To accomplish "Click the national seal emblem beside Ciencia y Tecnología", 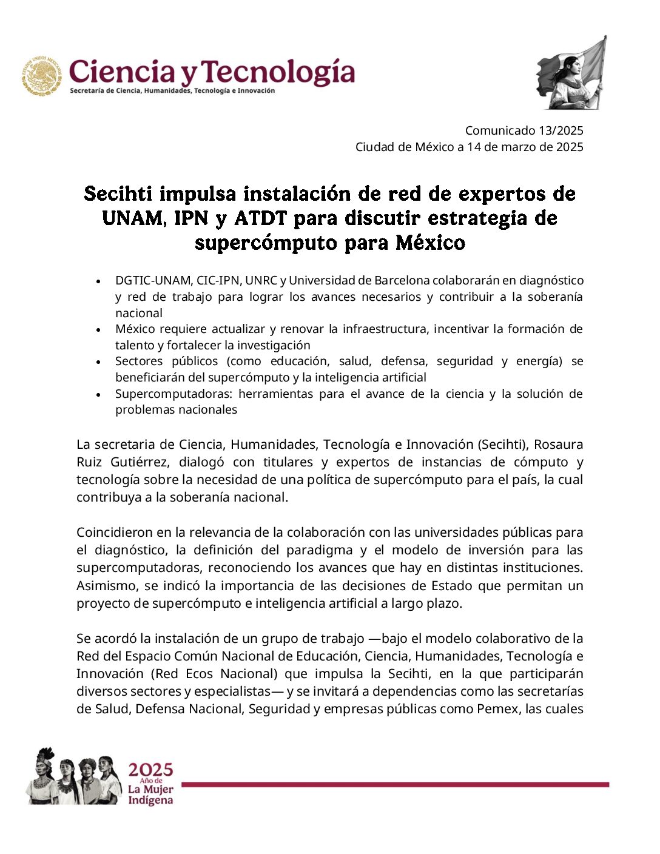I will point(42,76).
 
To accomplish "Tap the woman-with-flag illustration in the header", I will point(571,75).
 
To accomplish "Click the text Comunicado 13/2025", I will point(524,130).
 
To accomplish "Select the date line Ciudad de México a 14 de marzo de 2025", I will point(469,147).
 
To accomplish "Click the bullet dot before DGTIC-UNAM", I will point(98,281).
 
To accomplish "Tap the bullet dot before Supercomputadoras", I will point(98,394).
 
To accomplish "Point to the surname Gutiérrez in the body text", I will point(141,462).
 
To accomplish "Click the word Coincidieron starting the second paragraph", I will point(113,532).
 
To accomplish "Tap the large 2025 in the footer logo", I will point(150,770).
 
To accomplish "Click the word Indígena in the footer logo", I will point(150,801).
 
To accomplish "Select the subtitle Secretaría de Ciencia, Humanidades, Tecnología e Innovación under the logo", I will point(172,91).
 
